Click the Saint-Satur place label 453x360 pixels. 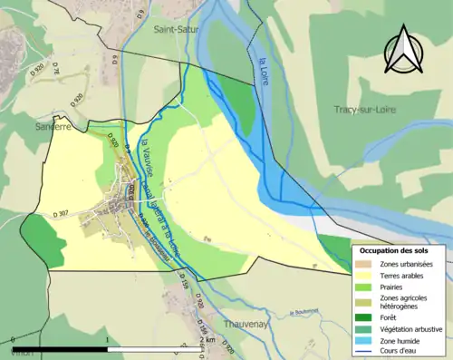coord(177,30)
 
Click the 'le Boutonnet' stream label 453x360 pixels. coord(305,314)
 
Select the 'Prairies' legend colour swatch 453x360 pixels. coord(367,287)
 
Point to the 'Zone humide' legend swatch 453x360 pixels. coord(367,340)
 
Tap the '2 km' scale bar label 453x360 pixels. coord(208,340)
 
